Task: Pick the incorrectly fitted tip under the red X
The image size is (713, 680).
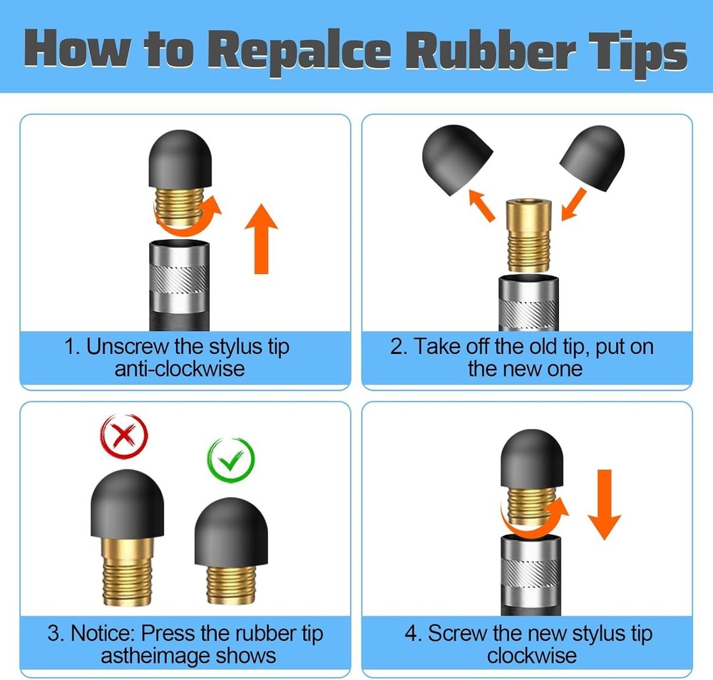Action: (129, 528)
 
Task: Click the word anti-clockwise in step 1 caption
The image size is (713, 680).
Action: (179, 369)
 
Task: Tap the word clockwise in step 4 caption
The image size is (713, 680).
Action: (532, 655)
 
